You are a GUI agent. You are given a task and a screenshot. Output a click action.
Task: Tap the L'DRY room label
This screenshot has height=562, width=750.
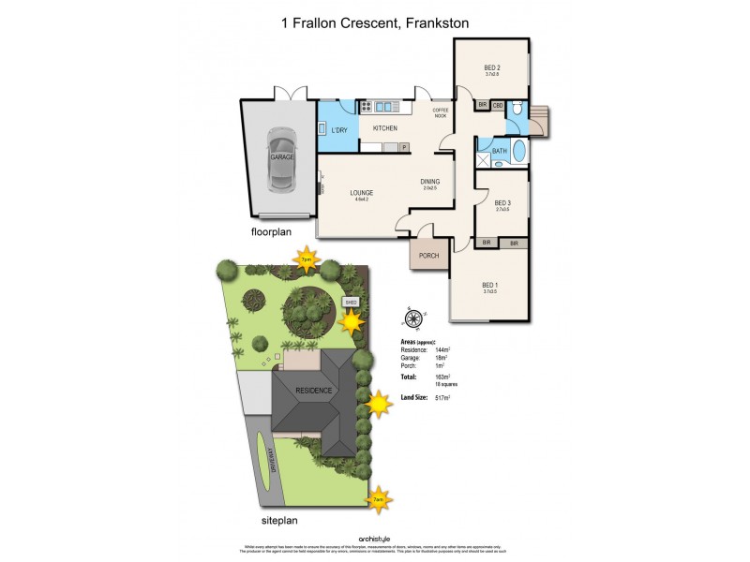coord(339,128)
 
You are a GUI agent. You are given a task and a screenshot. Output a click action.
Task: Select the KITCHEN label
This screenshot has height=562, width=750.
coord(385,128)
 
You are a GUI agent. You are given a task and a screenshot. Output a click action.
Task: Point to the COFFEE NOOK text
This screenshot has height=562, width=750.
coord(441,112)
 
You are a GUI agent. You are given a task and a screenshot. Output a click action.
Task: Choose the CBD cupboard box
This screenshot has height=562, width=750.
coord(498,105)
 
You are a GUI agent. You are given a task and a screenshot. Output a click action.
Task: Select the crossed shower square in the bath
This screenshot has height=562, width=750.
coord(485,159)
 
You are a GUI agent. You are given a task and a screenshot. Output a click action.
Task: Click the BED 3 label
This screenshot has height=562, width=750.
coord(502,203)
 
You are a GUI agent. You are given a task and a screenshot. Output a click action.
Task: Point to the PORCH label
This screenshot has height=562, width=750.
coord(428,255)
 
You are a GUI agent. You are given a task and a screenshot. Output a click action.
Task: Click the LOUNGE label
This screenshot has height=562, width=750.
coord(361,193)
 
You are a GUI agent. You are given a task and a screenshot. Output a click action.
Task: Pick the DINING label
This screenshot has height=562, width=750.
coord(431,183)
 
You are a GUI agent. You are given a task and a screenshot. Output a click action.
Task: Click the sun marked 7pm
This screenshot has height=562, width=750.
coord(306,259)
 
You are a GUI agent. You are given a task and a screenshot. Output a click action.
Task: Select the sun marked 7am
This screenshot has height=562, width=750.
coord(377,498)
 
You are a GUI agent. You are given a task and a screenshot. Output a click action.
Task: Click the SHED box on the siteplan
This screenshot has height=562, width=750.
coord(352,303)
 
